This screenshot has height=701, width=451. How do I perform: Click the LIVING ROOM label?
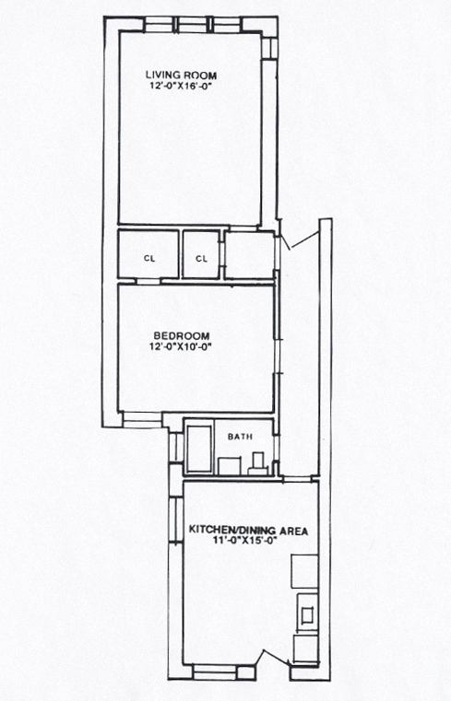coord(181,76)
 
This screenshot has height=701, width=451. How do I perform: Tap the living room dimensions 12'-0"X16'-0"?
coord(181,87)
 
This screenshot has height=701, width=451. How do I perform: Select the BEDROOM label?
coord(181,335)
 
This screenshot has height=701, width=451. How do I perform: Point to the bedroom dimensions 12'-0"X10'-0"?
coord(181,346)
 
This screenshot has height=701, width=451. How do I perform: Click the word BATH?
coord(240,437)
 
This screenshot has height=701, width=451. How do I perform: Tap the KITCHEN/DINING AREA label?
coord(248,531)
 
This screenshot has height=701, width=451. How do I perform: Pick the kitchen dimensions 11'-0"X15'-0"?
coord(245,541)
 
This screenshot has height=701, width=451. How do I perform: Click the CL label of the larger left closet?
coord(149,259)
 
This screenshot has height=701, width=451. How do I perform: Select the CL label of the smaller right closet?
coord(202,259)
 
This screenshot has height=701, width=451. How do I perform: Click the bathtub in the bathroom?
coord(199,449)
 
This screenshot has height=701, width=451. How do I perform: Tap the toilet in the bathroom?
coord(258,463)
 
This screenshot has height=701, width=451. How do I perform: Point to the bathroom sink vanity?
coord(230,466)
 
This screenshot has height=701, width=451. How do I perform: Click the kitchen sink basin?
coord(307,615)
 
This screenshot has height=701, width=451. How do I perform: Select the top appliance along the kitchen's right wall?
coord(304,572)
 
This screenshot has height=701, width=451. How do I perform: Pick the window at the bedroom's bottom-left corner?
coord(142,420)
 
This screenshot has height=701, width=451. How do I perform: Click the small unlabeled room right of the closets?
coord(249,256)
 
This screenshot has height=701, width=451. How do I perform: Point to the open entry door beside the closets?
coord(304,240)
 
